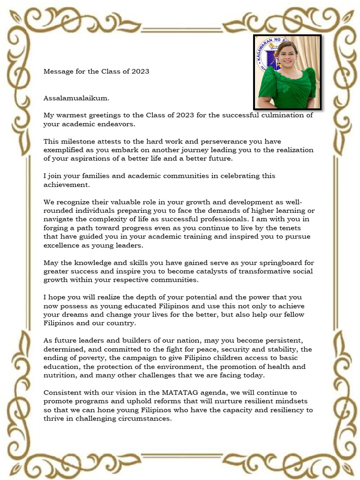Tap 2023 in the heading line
140,71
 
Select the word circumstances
143,419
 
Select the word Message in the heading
59,71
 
